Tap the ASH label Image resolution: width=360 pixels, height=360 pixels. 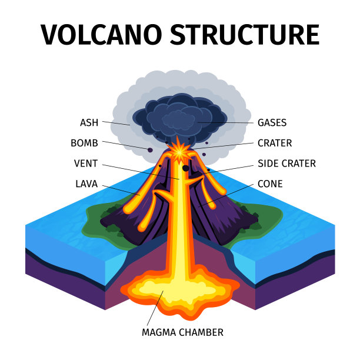click(89, 122)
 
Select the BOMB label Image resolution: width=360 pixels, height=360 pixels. click(84, 142)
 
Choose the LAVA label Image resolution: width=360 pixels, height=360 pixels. click(86, 184)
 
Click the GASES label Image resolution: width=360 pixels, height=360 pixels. click(272, 122)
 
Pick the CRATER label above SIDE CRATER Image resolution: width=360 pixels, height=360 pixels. click(274, 142)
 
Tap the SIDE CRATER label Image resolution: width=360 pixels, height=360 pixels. click(286, 163)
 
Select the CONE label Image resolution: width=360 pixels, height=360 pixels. click(270, 184)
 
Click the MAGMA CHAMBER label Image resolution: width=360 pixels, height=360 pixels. click(182, 332)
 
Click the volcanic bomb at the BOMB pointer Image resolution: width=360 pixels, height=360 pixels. click(150, 150)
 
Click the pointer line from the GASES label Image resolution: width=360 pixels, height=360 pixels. click(226, 122)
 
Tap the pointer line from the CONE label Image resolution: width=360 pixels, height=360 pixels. click(229, 194)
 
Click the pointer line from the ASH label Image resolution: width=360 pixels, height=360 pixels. click(116, 123)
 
